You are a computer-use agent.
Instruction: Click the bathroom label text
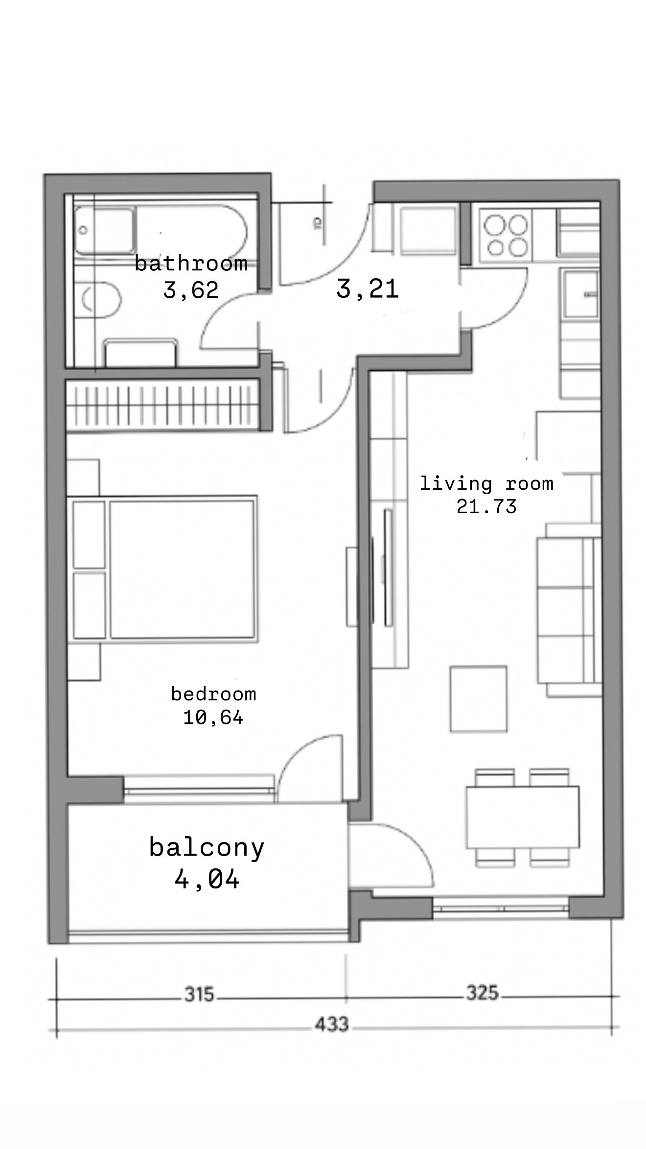[x=191, y=263]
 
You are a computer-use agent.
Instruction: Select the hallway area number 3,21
[x=368, y=288]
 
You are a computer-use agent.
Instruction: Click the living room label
[x=487, y=483]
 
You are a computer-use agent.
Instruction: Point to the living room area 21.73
[x=487, y=506]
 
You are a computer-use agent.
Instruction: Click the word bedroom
[x=213, y=694]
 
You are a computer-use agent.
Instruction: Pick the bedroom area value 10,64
[x=213, y=718]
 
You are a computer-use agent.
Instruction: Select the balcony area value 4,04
[x=207, y=879]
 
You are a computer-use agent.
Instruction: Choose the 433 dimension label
[x=331, y=1024]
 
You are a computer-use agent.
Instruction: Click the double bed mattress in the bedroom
[x=182, y=569]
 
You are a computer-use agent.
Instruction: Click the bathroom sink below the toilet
[x=140, y=353]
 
